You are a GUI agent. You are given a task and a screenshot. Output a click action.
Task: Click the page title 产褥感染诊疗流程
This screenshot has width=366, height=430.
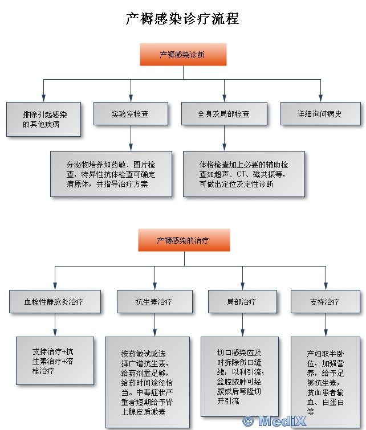(x=182, y=19)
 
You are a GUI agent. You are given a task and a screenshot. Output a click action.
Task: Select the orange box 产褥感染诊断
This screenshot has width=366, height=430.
(x=183, y=54)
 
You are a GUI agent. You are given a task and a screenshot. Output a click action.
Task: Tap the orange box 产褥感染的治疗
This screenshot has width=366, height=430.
(x=184, y=240)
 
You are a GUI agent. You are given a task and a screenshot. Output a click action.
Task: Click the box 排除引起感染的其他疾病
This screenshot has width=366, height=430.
(x=44, y=119)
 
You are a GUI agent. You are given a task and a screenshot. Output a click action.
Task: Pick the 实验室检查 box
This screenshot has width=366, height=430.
(x=131, y=114)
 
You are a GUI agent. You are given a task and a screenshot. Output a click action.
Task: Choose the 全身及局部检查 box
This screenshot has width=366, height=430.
(x=224, y=114)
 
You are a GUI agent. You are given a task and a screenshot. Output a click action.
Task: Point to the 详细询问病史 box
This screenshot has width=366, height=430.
(x=320, y=114)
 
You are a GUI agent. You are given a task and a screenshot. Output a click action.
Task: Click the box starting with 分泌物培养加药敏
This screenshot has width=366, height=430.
(x=111, y=174)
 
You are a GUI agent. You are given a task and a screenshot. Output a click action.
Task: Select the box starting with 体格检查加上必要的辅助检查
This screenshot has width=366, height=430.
(x=244, y=174)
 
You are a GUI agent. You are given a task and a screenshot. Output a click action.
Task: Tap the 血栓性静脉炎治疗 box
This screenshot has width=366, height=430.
(x=55, y=302)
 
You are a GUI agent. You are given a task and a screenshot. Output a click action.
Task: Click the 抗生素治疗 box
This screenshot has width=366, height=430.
(x=154, y=302)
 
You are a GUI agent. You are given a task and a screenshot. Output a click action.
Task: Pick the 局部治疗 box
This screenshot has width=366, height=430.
(x=242, y=302)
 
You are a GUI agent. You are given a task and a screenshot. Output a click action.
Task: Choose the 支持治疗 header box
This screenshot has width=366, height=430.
(x=326, y=302)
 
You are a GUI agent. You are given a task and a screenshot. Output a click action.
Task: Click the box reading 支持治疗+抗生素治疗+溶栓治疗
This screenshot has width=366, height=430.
(x=55, y=361)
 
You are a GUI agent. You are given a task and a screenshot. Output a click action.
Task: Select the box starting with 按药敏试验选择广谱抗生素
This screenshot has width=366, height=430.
(x=148, y=382)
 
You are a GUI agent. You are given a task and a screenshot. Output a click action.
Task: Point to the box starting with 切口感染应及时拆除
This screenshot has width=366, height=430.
(x=239, y=376)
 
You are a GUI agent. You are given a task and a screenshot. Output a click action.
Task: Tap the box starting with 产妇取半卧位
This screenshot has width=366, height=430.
(x=326, y=382)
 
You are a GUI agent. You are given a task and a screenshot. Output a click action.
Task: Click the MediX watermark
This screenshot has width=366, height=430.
(x=274, y=421)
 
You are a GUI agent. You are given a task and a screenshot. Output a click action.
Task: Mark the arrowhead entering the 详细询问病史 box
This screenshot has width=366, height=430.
(x=320, y=98)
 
